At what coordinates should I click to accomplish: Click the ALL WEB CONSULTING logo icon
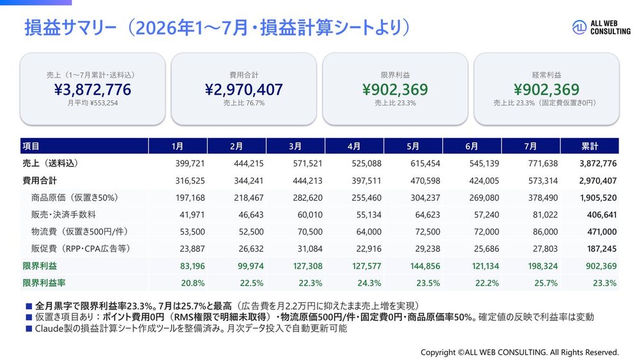click(x=579, y=27)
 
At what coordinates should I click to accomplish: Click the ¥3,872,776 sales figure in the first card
click(x=93, y=90)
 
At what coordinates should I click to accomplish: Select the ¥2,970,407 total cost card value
click(x=243, y=90)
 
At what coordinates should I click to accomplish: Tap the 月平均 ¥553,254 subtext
click(x=93, y=103)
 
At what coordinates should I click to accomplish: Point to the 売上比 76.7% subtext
click(x=243, y=103)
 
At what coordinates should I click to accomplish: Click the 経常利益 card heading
click(x=546, y=75)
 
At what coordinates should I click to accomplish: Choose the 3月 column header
click(x=295, y=146)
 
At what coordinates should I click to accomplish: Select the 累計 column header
click(x=589, y=146)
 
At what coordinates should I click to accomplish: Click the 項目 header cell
click(x=31, y=146)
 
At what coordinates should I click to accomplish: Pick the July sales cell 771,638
click(x=543, y=164)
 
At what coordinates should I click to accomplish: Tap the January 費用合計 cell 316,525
click(x=190, y=180)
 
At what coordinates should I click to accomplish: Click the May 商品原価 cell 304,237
click(x=425, y=198)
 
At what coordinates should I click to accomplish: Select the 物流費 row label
click(x=79, y=231)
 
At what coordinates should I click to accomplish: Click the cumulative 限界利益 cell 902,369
click(x=601, y=266)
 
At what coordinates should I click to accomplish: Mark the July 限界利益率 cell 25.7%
click(x=546, y=283)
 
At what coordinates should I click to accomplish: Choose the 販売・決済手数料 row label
click(x=63, y=214)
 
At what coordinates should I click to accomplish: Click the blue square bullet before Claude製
click(x=29, y=328)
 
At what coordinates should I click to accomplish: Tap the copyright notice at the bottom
click(x=520, y=352)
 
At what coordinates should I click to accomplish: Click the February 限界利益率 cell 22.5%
click(x=251, y=283)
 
